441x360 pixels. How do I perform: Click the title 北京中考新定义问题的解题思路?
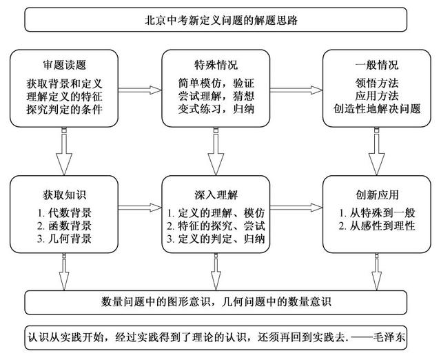[x=221, y=20]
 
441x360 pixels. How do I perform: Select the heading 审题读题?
[x=64, y=65]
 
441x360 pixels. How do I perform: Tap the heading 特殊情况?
[x=216, y=65]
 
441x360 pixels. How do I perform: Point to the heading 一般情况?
[x=377, y=65]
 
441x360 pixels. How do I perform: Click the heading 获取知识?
[x=64, y=195]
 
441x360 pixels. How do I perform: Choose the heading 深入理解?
[x=216, y=195]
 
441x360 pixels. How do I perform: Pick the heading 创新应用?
[x=377, y=195]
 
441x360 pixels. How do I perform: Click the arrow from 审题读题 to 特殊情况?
[x=140, y=90]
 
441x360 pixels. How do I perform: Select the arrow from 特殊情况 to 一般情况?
[x=296, y=90]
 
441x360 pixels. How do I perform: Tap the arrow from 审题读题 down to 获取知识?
[x=64, y=152]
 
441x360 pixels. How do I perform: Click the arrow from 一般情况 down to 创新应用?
[x=377, y=152]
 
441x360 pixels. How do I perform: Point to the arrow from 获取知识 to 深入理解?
[x=140, y=208]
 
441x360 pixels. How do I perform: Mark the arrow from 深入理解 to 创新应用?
[x=296, y=208]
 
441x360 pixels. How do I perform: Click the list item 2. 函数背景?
[x=64, y=226]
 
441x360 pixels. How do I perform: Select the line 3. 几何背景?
[x=64, y=239]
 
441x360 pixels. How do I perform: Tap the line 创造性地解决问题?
[x=377, y=109]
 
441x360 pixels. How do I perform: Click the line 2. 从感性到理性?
[x=377, y=226]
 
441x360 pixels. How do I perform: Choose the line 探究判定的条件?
[x=64, y=110]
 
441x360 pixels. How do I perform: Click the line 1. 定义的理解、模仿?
[x=216, y=213]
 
